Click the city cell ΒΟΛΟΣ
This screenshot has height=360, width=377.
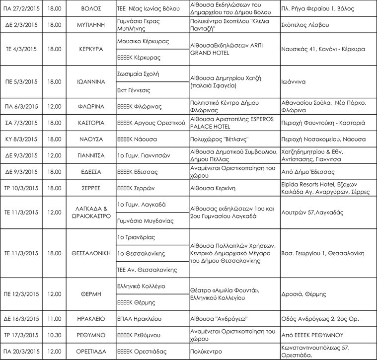point(90,9)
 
